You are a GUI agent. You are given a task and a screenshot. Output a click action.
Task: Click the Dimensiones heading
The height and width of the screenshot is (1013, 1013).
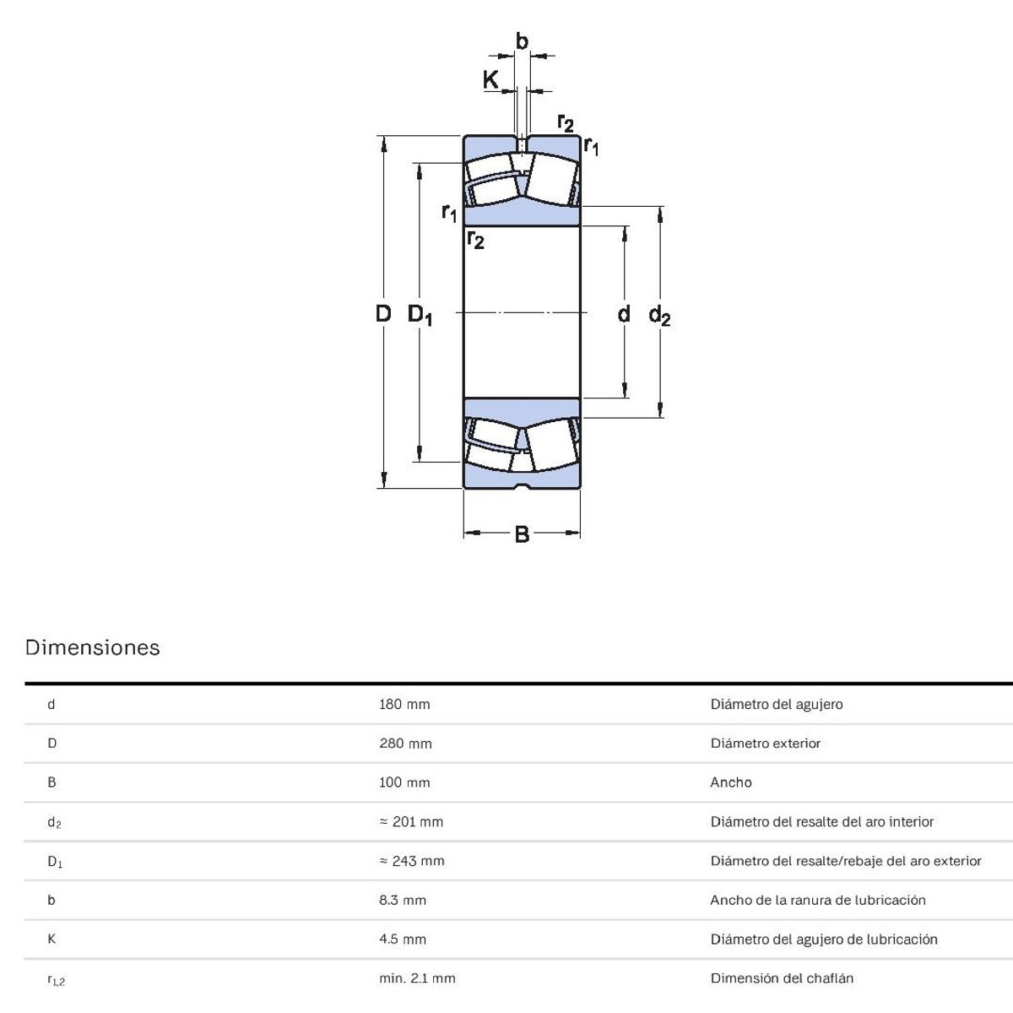(x=93, y=648)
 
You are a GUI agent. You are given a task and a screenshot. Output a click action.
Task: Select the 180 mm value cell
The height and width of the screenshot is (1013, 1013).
(x=404, y=704)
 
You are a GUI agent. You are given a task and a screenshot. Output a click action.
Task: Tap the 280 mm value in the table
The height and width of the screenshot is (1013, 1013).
(x=405, y=744)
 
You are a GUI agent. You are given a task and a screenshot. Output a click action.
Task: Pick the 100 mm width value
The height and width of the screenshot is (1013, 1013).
(x=404, y=783)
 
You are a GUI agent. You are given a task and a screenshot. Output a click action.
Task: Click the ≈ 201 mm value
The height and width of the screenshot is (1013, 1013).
(x=411, y=821)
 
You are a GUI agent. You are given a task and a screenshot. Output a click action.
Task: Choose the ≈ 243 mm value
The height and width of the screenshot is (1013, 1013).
(x=412, y=861)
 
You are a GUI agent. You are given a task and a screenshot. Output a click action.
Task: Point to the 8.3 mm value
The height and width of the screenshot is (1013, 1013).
(x=403, y=900)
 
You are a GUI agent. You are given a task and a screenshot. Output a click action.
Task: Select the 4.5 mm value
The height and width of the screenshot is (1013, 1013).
(x=403, y=939)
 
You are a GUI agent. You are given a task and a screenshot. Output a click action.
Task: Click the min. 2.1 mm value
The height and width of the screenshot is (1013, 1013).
(x=417, y=978)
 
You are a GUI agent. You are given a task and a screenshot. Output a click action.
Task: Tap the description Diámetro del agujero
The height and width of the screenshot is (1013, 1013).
(x=777, y=704)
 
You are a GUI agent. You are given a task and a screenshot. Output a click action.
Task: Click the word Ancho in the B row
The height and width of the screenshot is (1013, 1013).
(x=731, y=783)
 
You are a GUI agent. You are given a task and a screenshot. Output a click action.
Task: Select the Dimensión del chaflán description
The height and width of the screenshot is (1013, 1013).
(x=782, y=978)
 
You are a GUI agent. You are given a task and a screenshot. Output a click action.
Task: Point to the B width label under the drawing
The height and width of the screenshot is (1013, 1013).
(x=522, y=534)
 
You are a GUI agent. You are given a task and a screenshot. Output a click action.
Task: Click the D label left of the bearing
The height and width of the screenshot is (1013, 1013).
(x=383, y=314)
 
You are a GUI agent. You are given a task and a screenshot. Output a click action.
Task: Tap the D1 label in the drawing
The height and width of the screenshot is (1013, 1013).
(x=420, y=315)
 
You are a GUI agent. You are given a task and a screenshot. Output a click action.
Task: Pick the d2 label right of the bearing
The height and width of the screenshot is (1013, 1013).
(x=659, y=316)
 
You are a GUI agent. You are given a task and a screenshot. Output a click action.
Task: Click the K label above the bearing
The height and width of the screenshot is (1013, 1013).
(x=490, y=80)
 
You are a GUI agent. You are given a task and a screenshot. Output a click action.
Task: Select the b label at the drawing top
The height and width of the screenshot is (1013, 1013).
(x=522, y=41)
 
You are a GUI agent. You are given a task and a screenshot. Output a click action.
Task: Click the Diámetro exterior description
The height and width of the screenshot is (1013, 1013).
(x=766, y=744)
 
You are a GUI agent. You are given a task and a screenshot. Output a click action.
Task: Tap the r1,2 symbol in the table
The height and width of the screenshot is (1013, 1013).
(x=56, y=980)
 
